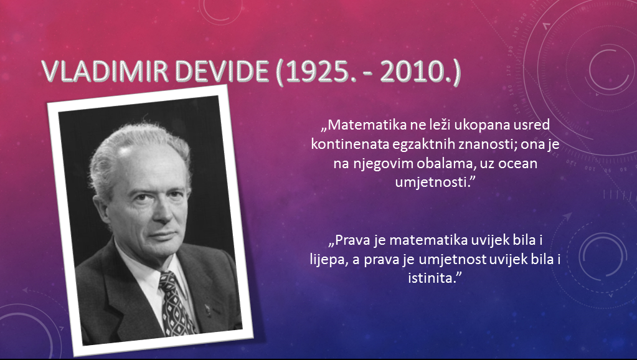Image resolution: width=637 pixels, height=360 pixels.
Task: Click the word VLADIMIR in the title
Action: (105, 71)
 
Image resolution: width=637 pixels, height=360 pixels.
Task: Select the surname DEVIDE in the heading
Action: (222, 71)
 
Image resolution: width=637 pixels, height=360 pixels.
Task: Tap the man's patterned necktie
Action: (176, 304)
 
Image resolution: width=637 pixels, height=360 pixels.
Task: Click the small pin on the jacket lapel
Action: (208, 310)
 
